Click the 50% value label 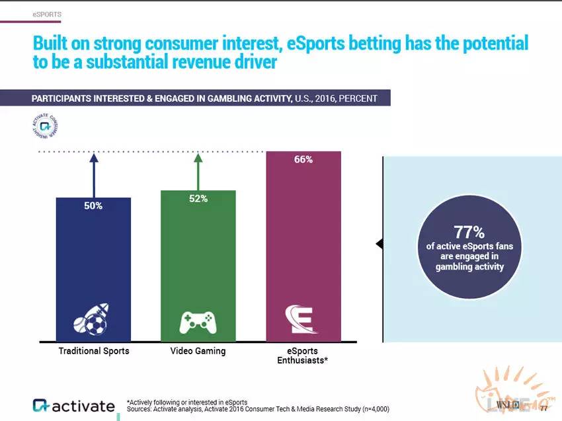(93, 206)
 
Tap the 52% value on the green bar (198, 199)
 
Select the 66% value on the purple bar (303, 159)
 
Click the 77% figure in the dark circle (469, 232)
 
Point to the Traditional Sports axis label (94, 351)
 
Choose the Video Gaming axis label (198, 351)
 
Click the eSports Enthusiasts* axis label (303, 356)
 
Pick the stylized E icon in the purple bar (302, 319)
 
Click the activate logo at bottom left (73, 405)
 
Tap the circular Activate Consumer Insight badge (46, 125)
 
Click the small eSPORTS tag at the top (47, 14)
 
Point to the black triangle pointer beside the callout (380, 244)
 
